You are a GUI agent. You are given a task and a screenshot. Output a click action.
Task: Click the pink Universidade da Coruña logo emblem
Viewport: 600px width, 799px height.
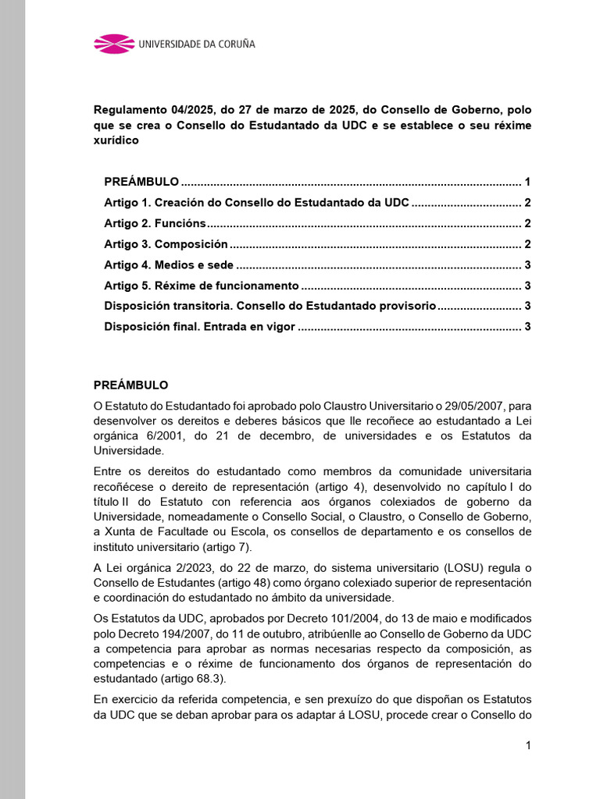(x=114, y=44)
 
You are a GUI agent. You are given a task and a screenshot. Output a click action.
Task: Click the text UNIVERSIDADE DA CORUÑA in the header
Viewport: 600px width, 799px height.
(x=196, y=44)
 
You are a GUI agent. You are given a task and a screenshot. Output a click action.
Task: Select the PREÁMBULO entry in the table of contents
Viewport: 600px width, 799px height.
(x=141, y=182)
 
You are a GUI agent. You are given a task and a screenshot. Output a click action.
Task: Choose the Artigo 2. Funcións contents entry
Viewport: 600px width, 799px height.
(x=155, y=223)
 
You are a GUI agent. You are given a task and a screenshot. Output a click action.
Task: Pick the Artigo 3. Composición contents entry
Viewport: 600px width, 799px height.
(x=166, y=244)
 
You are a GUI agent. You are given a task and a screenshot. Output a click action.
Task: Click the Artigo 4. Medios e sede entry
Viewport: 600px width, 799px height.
(x=169, y=265)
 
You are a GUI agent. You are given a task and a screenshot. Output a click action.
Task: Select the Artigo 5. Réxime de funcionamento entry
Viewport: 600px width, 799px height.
(x=202, y=286)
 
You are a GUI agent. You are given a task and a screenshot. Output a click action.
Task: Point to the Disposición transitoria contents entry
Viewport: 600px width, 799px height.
(x=270, y=306)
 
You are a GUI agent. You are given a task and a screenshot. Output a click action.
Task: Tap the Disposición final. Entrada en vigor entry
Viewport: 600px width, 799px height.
(x=199, y=326)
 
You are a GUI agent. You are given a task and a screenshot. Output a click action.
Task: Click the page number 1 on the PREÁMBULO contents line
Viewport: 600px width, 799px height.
(x=528, y=182)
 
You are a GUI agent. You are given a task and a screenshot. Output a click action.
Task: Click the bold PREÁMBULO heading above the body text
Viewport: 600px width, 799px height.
(x=130, y=385)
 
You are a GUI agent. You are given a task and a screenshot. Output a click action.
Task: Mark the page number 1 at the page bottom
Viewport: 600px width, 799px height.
(x=528, y=745)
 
